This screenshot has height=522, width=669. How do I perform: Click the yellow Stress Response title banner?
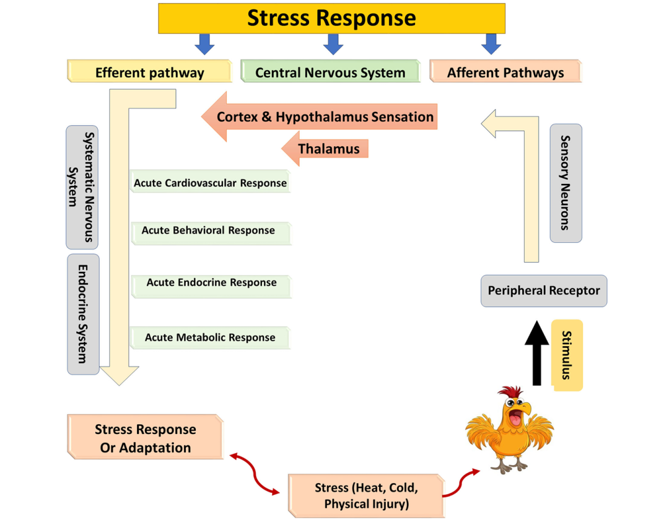(x=331, y=18)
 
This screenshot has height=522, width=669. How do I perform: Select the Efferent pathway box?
(x=149, y=72)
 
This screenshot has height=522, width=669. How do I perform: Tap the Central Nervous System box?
(x=330, y=72)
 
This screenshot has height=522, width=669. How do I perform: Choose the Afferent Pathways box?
(x=505, y=72)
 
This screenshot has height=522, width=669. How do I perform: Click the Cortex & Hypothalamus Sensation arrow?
(x=325, y=116)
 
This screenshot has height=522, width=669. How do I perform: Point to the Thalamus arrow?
(x=328, y=149)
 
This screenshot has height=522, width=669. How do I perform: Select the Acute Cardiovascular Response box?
(x=210, y=183)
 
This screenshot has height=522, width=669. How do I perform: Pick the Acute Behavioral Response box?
(x=210, y=231)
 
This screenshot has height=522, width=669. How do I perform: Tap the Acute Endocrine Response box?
(x=211, y=283)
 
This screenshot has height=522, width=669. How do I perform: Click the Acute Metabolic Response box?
(x=210, y=337)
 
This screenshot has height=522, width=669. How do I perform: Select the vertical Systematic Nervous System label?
(x=82, y=187)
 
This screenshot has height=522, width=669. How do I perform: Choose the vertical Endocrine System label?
(x=83, y=313)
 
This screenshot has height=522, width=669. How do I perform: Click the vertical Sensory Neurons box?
(x=566, y=183)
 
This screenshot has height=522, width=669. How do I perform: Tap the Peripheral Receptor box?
(x=544, y=290)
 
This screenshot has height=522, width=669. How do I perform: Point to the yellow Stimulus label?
(x=567, y=355)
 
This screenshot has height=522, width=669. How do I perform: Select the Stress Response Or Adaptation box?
(x=145, y=438)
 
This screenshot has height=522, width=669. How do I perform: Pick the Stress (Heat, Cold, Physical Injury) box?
(x=366, y=495)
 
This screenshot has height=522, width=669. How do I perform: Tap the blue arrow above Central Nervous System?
(x=333, y=43)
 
